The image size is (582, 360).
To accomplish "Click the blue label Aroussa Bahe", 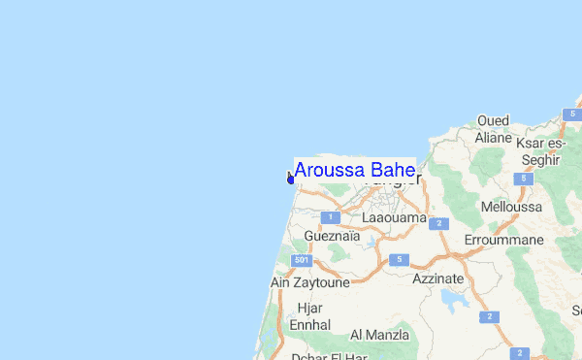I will pyautogui.click(x=354, y=171).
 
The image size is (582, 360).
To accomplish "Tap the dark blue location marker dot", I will pyautogui.click(x=290, y=179).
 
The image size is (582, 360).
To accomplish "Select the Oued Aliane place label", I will pyautogui.click(x=493, y=129).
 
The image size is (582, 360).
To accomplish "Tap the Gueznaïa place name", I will pyautogui.click(x=331, y=236).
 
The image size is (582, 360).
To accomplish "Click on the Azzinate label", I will pyautogui.click(x=437, y=278).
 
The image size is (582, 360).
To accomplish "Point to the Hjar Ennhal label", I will pyautogui.click(x=310, y=316).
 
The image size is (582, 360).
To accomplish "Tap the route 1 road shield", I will pyautogui.click(x=330, y=216).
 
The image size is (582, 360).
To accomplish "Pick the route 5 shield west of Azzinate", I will pyautogui.click(x=398, y=259).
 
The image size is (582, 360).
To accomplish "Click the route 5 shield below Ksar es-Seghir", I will pyautogui.click(x=524, y=180).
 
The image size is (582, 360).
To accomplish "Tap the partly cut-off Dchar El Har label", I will pyautogui.click(x=323, y=355).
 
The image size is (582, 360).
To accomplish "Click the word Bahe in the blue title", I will pyautogui.click(x=394, y=171).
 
